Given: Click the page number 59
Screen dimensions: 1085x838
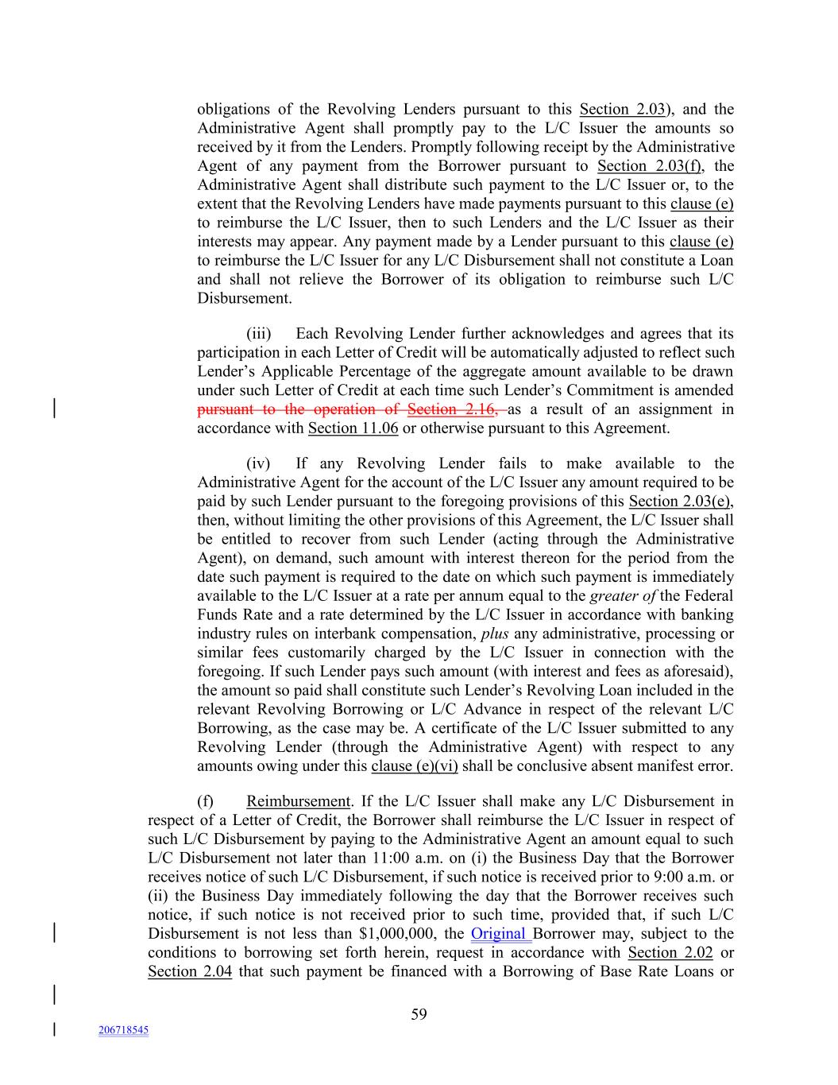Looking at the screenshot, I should [419, 1014].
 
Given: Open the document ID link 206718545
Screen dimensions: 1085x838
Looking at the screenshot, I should [123, 1030].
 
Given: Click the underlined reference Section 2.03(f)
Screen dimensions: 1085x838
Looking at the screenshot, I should [655, 166].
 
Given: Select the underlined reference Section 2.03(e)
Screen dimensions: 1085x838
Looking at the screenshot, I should [681, 502].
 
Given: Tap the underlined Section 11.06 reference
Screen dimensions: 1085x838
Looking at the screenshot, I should [353, 428].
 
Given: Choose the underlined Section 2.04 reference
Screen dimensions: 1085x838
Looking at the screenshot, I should [190, 971].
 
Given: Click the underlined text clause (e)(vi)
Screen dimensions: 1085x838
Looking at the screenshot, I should [414, 766].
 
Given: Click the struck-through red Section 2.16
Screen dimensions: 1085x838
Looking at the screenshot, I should [452, 409].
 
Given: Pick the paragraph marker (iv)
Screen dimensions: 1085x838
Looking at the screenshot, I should [258, 463].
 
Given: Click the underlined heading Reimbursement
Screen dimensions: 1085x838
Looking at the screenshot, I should [298, 801].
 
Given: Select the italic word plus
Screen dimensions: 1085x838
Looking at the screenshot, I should [495, 634].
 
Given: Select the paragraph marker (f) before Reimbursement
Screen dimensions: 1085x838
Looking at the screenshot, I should [205, 801].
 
